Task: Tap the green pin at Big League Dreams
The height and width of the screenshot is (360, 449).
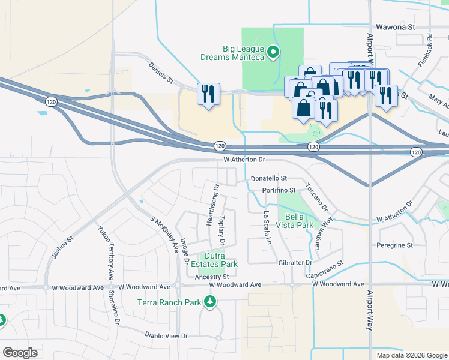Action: (x=274, y=52)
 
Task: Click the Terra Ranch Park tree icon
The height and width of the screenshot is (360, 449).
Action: (x=210, y=301)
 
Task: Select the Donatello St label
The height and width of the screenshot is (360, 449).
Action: (x=270, y=179)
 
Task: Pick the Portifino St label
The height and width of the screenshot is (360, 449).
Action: (x=279, y=190)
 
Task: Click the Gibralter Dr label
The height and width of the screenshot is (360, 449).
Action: (x=295, y=263)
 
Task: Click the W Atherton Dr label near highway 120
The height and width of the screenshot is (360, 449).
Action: (x=244, y=160)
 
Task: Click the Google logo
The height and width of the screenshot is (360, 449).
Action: (x=20, y=353)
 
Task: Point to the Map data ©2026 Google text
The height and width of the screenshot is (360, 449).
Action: (x=412, y=355)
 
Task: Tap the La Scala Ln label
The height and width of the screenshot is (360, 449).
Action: (x=267, y=229)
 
